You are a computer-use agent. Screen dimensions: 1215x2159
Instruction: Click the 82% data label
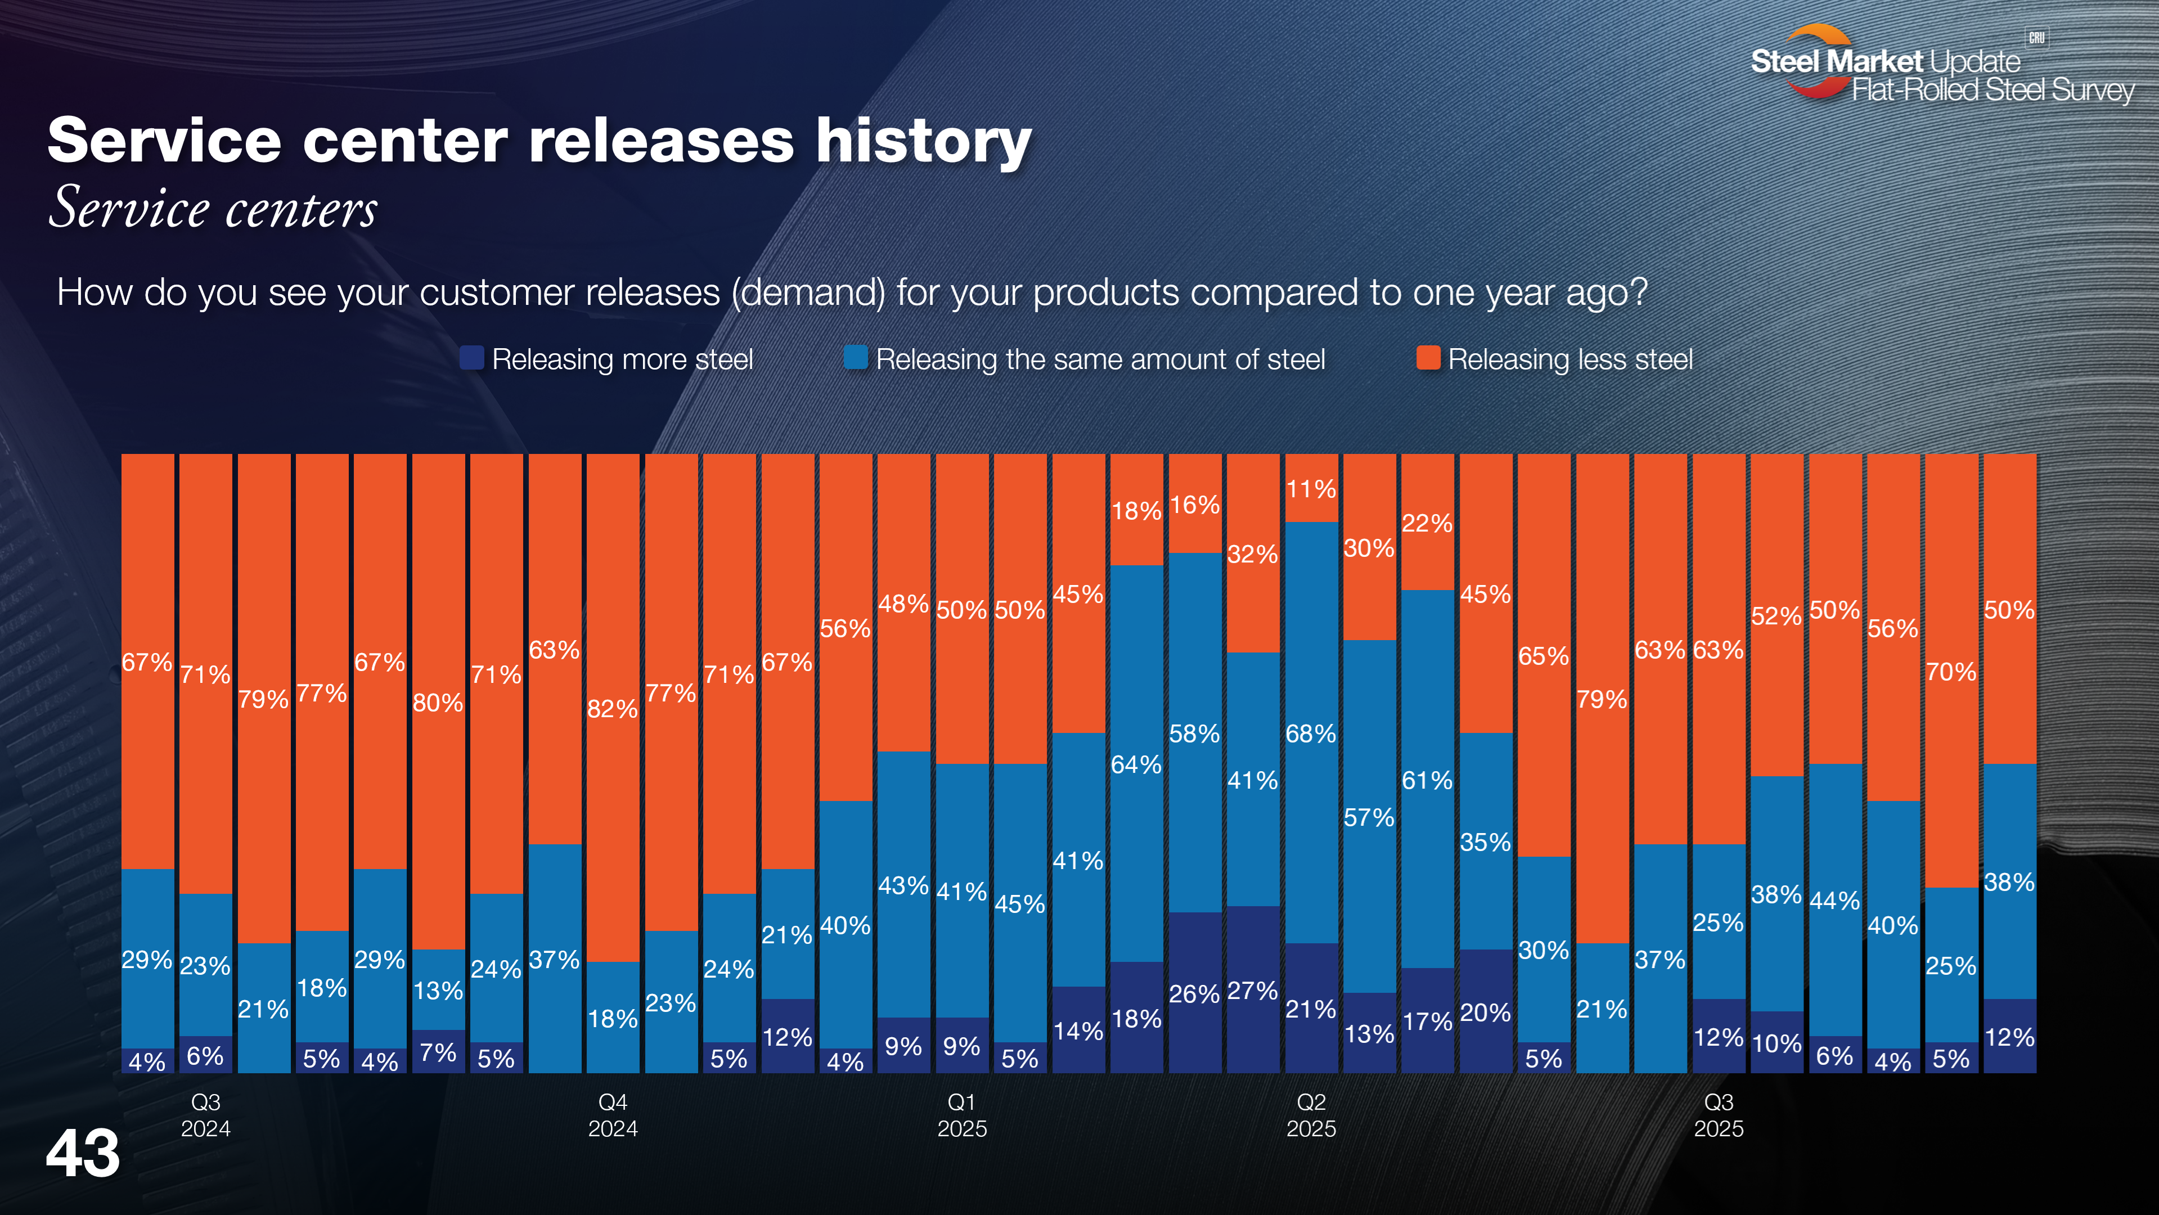point(612,709)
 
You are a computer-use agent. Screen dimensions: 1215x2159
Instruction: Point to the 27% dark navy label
point(1252,991)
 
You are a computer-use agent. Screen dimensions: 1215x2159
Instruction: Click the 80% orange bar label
point(438,702)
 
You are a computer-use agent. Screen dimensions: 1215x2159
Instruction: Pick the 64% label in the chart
point(1136,764)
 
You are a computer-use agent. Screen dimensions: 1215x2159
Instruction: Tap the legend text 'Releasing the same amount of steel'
point(1100,359)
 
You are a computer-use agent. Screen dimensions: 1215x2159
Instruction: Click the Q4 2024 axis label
point(613,1115)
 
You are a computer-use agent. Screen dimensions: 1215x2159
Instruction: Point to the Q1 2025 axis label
point(961,1115)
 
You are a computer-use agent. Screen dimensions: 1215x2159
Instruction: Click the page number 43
point(83,1154)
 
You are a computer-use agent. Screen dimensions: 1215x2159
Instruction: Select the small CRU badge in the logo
point(2036,38)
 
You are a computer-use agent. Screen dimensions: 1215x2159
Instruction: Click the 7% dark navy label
point(438,1052)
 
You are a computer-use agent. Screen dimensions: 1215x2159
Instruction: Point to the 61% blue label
point(1427,780)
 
